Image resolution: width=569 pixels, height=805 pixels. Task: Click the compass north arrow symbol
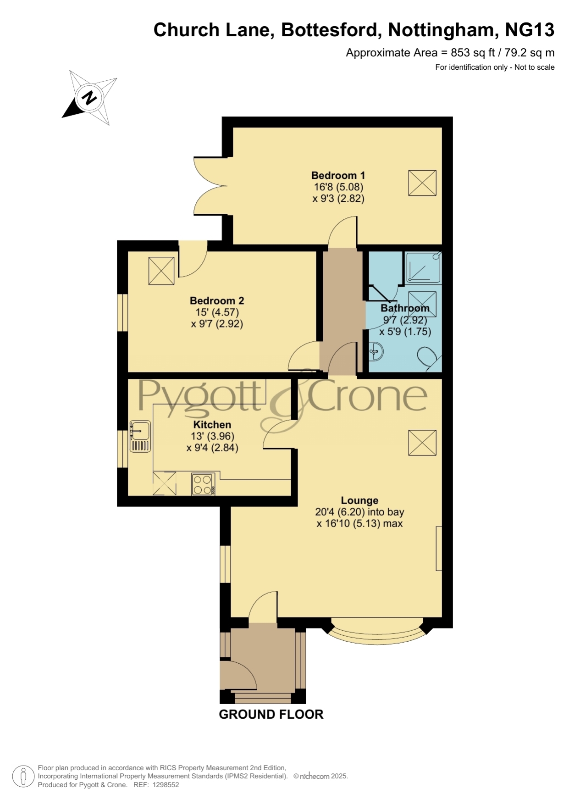point(89,97)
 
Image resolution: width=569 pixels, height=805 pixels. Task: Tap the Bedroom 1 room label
point(338,175)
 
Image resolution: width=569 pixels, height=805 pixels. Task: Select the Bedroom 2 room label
point(217,300)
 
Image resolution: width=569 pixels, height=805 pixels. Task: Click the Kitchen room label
point(212,424)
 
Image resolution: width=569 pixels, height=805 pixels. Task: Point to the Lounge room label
point(359,500)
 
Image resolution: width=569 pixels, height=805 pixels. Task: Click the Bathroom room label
point(405,308)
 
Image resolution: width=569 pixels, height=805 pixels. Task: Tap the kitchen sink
point(140,437)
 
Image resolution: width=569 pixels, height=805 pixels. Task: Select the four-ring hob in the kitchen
point(203,484)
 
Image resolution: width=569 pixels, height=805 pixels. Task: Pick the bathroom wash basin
point(376,351)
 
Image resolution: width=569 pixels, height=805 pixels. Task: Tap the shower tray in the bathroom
point(423,267)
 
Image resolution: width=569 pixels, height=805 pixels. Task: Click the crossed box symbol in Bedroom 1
point(422,183)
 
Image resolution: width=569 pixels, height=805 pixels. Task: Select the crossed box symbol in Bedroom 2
point(161,271)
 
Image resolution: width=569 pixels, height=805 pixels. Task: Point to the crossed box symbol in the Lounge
point(422,443)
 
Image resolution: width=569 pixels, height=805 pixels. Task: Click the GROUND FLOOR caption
point(271,714)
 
